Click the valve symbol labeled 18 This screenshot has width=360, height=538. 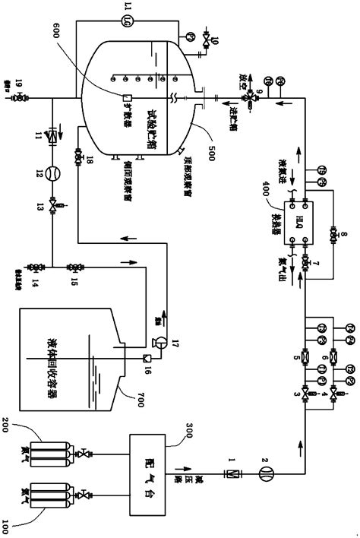[x=78, y=157]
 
